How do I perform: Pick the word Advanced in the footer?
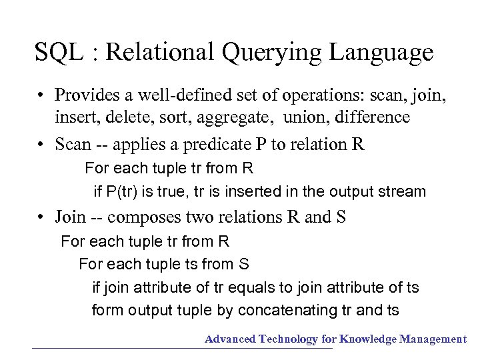[x=230, y=339]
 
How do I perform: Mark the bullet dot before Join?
[x=41, y=217]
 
